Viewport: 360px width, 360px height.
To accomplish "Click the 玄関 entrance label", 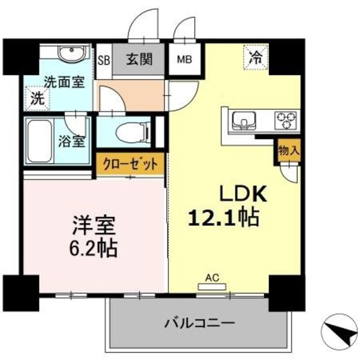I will click(x=138, y=58).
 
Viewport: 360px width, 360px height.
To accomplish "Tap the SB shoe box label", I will click(x=104, y=58).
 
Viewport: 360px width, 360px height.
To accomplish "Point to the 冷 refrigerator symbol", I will click(x=256, y=56).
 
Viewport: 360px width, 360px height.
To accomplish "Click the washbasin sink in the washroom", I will click(x=71, y=56).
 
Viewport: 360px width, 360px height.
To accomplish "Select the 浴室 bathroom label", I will click(x=73, y=140).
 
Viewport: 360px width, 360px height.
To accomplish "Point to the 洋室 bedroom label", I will click(x=93, y=227).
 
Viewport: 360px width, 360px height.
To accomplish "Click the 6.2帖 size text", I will click(x=94, y=247).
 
